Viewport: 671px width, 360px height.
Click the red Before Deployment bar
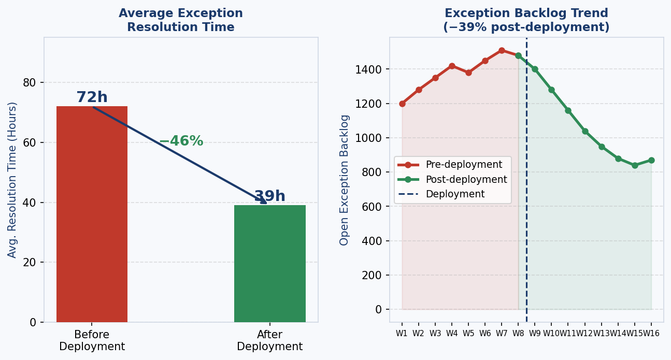tap(92, 214)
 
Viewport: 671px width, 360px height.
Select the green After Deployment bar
tap(269, 263)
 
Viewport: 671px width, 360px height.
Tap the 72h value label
tap(92, 97)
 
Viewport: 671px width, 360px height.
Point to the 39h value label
tap(269, 196)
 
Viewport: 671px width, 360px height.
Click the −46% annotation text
tap(181, 141)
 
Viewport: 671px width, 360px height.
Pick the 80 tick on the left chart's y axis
tap(30, 83)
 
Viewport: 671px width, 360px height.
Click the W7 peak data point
tap(502, 50)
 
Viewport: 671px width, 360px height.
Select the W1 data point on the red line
tap(402, 104)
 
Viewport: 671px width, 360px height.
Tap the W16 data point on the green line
tap(651, 160)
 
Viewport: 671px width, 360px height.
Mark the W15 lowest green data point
tap(635, 165)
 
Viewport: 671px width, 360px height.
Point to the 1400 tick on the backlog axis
tap(368, 69)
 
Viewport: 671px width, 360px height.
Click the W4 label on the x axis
tap(452, 334)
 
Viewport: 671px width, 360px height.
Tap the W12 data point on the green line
tap(585, 131)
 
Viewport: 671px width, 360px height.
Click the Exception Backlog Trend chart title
tap(526, 20)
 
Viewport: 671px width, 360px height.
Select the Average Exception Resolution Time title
tap(181, 20)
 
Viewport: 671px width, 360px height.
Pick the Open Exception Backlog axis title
tap(345, 180)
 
